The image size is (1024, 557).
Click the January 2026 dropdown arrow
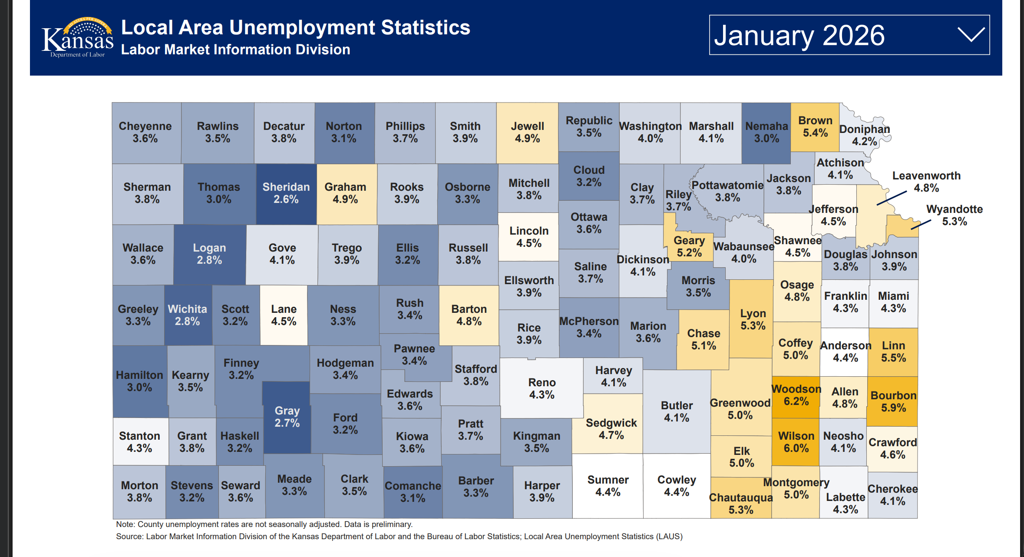[971, 35]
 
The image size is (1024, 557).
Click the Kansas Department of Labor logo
[77, 38]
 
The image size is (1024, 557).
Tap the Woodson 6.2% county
[796, 395]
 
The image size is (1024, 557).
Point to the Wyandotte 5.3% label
[954, 215]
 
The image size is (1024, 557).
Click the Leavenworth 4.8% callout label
[926, 182]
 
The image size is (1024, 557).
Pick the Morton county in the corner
[139, 491]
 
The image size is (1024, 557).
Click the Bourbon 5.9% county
[893, 401]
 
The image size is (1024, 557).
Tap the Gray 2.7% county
[287, 417]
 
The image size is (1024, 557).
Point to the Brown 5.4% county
[815, 126]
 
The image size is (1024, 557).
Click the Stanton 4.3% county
[139, 442]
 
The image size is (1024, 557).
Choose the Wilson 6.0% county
[796, 442]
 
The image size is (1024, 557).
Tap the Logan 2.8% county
[209, 254]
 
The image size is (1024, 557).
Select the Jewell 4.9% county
[527, 132]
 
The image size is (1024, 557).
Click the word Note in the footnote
[125, 524]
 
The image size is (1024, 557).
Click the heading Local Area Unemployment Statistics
[295, 27]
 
